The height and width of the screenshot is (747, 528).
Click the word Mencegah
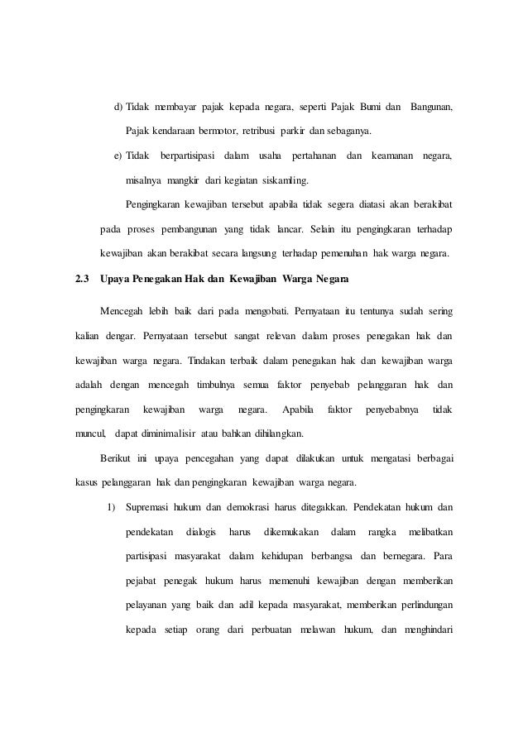pyautogui.click(x=120, y=312)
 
